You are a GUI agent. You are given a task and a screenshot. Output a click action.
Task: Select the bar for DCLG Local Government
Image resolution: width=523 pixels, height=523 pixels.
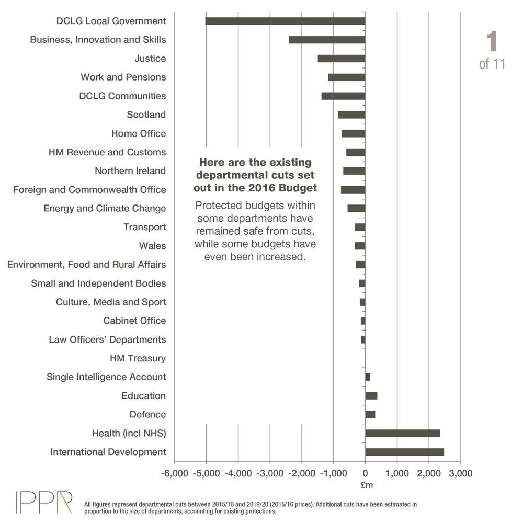click(285, 21)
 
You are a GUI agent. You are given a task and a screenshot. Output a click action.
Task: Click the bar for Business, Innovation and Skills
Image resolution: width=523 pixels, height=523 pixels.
click(327, 40)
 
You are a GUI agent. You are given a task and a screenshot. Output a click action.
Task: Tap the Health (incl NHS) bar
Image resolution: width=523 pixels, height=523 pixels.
click(402, 433)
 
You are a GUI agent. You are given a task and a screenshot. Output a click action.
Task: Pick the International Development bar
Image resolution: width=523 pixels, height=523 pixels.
click(404, 452)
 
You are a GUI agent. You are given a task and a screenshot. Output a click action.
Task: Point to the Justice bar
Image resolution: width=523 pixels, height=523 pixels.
click(341, 59)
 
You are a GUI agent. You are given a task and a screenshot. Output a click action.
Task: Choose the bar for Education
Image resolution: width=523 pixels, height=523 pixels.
click(371, 395)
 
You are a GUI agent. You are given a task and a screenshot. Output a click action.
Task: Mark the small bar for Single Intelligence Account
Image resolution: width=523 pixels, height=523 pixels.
click(368, 377)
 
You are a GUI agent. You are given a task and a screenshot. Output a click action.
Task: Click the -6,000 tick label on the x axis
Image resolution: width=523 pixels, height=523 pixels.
click(174, 473)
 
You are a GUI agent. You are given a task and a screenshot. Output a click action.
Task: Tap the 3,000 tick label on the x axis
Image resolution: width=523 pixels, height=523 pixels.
click(460, 473)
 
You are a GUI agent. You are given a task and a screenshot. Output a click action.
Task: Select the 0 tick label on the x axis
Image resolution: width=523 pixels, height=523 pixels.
click(365, 473)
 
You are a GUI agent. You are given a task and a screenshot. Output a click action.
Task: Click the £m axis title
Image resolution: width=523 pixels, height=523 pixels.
click(367, 485)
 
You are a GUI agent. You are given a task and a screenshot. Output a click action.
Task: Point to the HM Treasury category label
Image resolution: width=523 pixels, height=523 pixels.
click(138, 358)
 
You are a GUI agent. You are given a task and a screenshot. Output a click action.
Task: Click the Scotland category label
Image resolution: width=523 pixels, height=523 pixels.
click(146, 115)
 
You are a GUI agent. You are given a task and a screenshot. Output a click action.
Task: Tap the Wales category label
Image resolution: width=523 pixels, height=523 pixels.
click(152, 246)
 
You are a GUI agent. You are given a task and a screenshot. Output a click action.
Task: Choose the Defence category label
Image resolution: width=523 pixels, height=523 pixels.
click(147, 414)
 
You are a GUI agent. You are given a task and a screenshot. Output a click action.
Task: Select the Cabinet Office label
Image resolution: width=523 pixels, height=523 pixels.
click(134, 321)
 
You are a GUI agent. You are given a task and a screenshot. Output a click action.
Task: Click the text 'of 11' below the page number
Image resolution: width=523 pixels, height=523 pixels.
click(492, 64)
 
